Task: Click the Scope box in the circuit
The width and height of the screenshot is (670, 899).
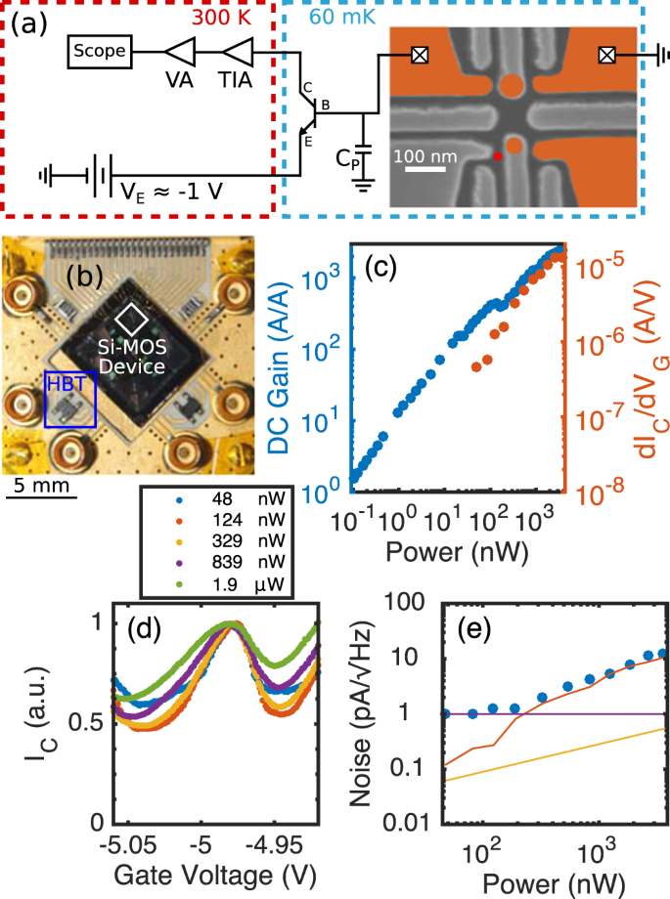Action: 100,52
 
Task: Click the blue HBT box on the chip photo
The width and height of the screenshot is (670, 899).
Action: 70,399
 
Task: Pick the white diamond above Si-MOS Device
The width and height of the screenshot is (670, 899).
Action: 132,320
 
